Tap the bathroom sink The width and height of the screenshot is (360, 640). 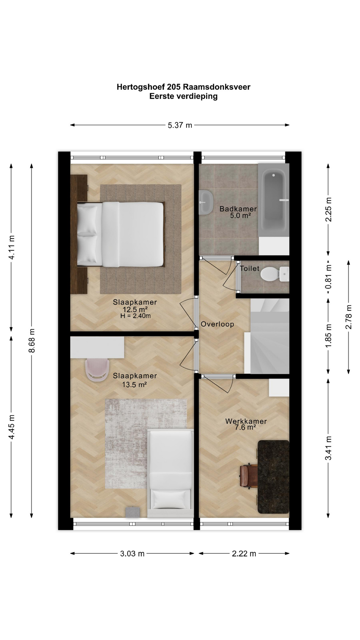[x=206, y=202]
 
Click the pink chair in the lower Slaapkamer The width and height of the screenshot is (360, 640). [x=97, y=370]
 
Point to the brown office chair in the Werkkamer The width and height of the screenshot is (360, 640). [x=248, y=477]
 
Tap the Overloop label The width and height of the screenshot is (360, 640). [x=217, y=324]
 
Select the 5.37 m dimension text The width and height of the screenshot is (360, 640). [x=180, y=125]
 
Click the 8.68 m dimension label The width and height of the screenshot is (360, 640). [x=32, y=340]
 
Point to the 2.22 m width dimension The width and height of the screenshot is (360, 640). [x=244, y=554]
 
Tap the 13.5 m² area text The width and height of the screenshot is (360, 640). [x=135, y=385]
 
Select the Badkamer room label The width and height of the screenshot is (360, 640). [x=238, y=209]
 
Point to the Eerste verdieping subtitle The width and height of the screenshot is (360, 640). [x=183, y=96]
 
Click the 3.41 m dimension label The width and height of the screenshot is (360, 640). [x=329, y=448]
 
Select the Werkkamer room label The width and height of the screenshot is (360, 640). [x=246, y=421]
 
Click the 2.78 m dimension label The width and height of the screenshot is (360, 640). [x=349, y=317]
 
